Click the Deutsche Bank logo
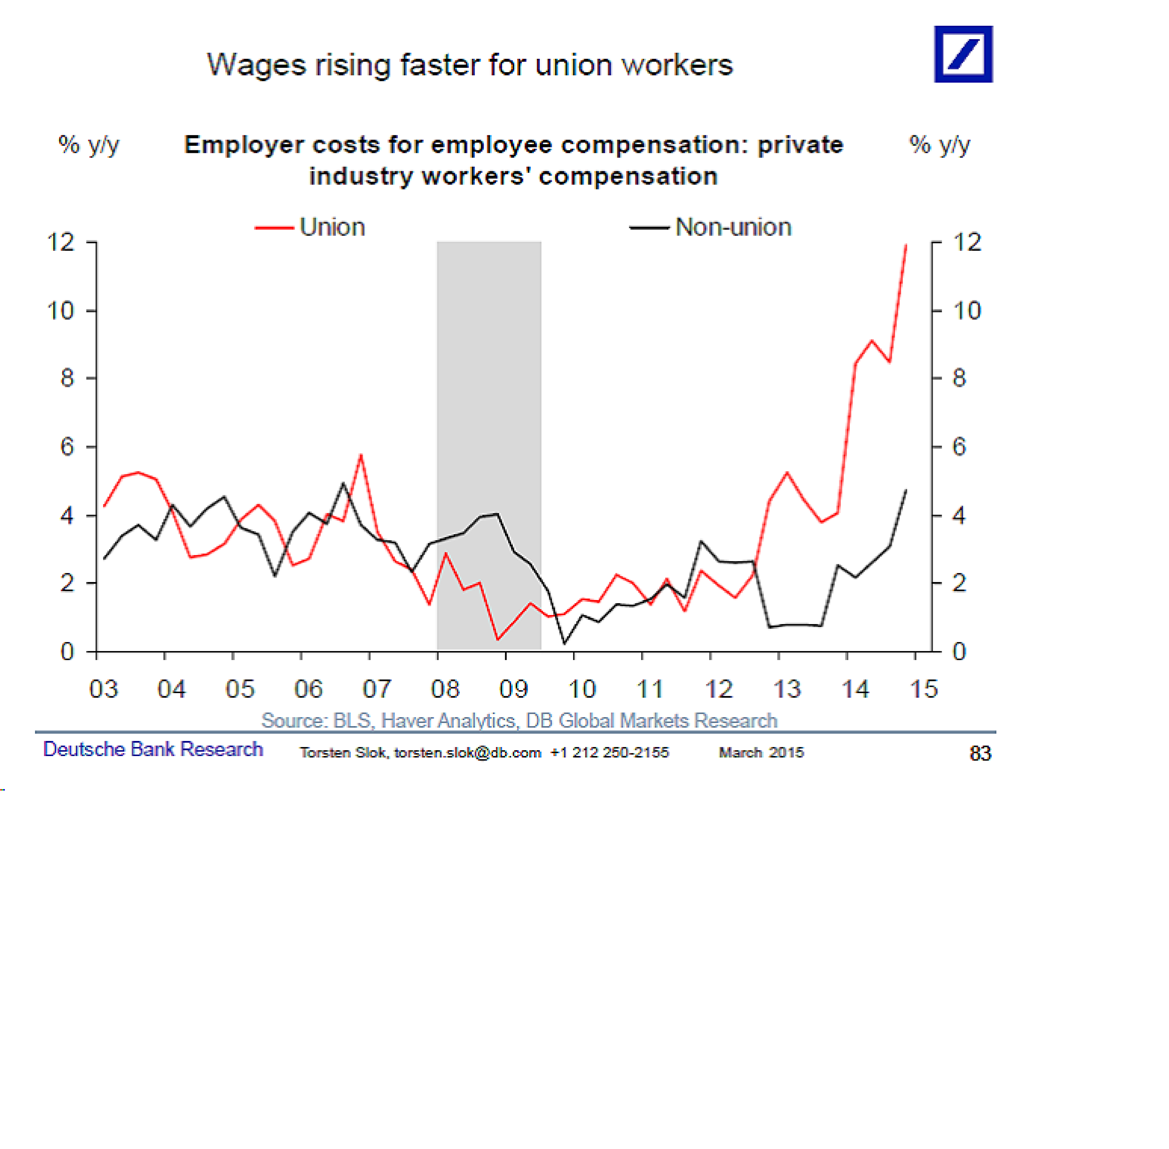[963, 54]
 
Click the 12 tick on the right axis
[967, 243]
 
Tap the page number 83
[980, 753]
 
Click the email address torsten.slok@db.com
[467, 753]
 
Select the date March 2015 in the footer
[761, 753]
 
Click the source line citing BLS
[519, 721]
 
